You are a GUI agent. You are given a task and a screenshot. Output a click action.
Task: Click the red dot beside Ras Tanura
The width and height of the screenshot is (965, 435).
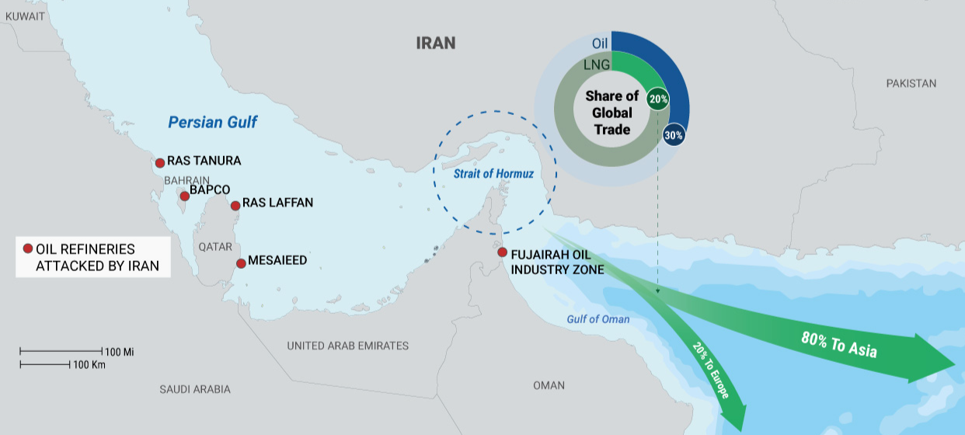160,163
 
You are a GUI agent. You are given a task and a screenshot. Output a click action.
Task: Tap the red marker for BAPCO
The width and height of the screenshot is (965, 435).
184,196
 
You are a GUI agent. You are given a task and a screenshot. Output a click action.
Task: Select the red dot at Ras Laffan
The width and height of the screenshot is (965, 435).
235,206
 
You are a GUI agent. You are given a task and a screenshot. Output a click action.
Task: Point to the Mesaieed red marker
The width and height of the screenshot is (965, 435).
242,263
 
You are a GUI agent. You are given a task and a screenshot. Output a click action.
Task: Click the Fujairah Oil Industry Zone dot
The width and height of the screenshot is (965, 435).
503,252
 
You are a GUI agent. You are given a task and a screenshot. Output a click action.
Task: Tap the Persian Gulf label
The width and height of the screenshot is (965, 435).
212,122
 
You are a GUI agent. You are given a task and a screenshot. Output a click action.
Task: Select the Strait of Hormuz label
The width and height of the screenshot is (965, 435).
493,175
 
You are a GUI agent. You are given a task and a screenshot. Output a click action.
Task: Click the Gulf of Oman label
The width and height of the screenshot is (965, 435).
598,319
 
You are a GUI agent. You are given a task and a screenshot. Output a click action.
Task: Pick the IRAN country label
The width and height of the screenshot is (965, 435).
435,43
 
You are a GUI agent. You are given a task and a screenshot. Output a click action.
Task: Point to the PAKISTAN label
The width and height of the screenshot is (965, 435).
911,83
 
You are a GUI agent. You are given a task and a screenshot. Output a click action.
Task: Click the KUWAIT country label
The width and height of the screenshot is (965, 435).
25,16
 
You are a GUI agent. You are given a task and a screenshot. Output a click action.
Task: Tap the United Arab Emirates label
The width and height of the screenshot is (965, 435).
347,346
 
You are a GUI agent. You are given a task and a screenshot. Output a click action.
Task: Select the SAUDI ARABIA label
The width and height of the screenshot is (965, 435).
195,389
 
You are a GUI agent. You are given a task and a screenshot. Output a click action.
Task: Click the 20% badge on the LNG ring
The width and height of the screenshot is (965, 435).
657,99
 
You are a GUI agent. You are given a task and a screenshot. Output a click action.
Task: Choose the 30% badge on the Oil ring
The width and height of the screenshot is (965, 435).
673,135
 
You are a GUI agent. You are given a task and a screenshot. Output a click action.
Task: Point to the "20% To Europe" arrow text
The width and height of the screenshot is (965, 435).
712,372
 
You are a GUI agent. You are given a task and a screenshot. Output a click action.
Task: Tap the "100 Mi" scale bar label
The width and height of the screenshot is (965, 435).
120,352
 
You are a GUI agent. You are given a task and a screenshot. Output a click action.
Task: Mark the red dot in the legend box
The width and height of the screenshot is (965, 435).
27,249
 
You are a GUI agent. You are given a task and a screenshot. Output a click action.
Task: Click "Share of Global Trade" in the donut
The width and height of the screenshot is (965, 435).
611,113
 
